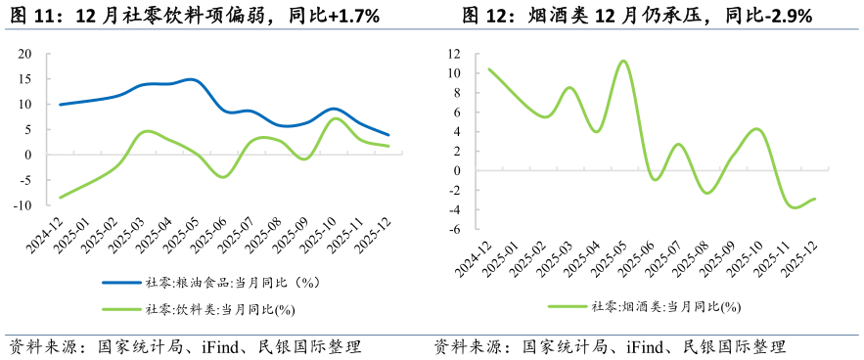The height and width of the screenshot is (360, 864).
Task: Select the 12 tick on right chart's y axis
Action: click(454, 53)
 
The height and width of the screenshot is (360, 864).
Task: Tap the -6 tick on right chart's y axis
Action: click(455, 229)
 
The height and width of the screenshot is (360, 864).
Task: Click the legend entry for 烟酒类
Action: click(646, 306)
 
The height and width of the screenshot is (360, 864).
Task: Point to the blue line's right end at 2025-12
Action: click(388, 135)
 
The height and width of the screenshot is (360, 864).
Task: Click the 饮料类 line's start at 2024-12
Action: click(60, 198)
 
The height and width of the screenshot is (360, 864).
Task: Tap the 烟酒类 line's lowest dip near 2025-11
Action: click(795, 207)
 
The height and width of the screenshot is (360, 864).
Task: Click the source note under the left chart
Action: click(186, 347)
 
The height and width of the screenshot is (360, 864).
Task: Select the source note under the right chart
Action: click(610, 347)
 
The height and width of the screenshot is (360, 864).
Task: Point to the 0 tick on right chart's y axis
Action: click(457, 170)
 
